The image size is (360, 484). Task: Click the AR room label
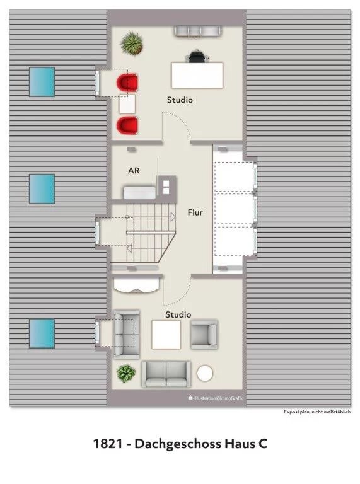click(134, 170)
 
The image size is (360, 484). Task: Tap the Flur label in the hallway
click(195, 212)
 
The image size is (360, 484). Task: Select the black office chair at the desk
click(197, 57)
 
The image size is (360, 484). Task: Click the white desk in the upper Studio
click(197, 76)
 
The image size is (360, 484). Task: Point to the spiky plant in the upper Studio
click(132, 43)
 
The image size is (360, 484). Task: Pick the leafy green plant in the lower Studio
click(126, 374)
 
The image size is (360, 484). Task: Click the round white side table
click(205, 373)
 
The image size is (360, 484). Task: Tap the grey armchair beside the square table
click(204, 335)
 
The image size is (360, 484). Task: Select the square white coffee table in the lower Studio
click(166, 335)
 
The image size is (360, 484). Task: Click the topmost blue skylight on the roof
click(42, 82)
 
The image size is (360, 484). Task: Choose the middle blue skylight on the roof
click(42, 189)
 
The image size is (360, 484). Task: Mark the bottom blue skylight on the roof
click(42, 333)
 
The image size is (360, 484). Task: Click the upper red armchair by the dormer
click(127, 83)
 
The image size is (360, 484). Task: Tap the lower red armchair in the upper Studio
click(127, 125)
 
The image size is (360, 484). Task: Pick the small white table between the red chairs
click(127, 105)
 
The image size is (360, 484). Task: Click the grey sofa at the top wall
click(197, 32)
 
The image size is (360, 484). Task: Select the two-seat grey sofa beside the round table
click(166, 374)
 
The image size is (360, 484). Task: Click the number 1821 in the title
click(108, 444)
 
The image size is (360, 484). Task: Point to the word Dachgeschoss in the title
click(177, 444)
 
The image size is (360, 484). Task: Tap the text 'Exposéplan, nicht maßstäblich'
click(317, 412)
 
